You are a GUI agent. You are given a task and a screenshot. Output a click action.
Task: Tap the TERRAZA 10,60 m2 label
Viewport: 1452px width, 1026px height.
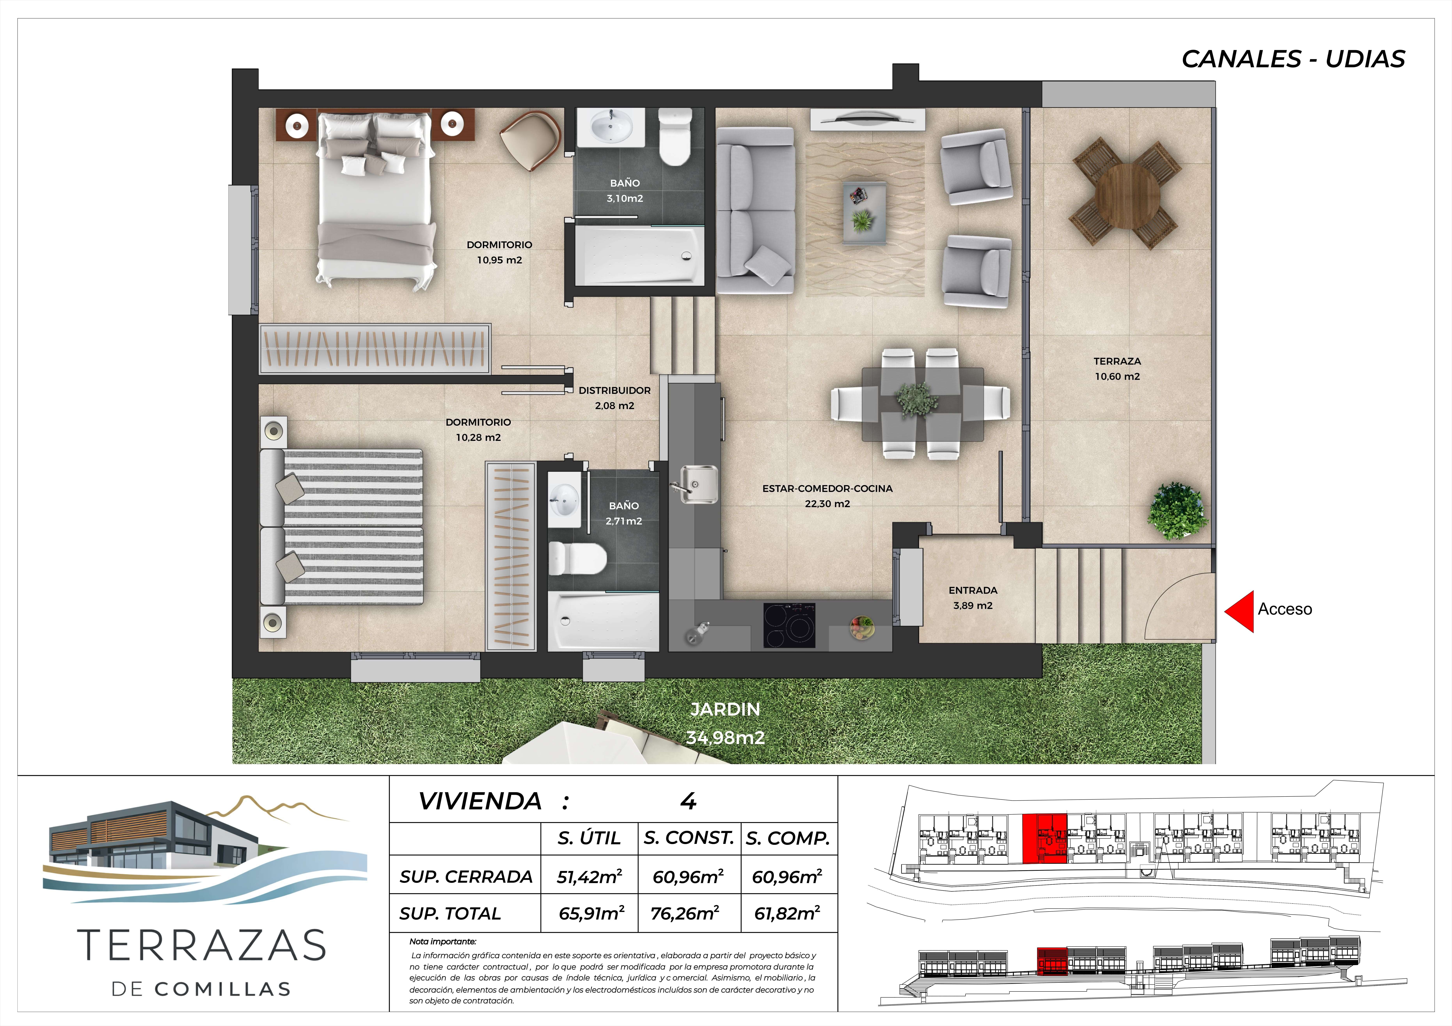[x=1117, y=369]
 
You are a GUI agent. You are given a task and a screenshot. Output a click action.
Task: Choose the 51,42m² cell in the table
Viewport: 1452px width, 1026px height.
[x=589, y=876]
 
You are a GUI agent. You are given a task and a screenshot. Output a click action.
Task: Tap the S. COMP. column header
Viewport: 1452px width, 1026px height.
[x=787, y=838]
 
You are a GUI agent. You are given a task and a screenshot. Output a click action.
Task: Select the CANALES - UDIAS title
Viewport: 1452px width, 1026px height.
[x=1293, y=59]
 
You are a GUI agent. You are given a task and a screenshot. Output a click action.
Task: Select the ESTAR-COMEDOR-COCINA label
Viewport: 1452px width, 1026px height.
[x=827, y=489]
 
